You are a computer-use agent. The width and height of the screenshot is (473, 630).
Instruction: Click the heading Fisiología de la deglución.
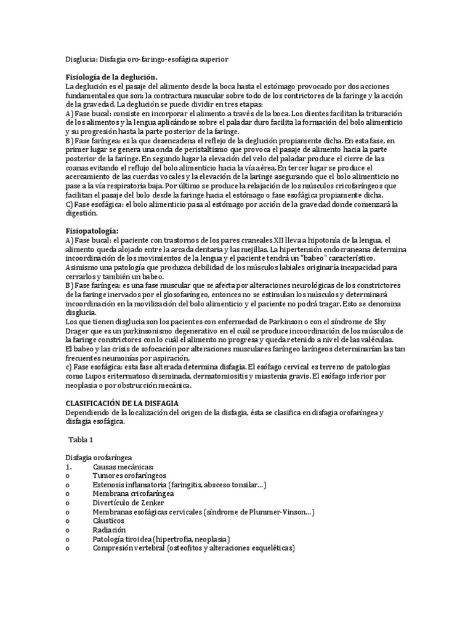111,77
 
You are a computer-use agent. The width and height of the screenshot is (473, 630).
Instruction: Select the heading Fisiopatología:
92,230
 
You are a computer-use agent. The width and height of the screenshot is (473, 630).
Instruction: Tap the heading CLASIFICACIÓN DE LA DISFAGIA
123,402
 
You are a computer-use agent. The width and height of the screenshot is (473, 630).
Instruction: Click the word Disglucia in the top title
80,59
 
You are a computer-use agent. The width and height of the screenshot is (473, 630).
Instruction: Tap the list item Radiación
110,529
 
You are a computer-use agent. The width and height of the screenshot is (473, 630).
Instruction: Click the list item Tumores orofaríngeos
129,476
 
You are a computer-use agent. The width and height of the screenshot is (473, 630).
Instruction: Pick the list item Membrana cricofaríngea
133,494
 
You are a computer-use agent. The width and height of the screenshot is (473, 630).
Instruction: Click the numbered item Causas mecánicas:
123,468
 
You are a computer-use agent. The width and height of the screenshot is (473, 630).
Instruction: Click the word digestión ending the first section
82,213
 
